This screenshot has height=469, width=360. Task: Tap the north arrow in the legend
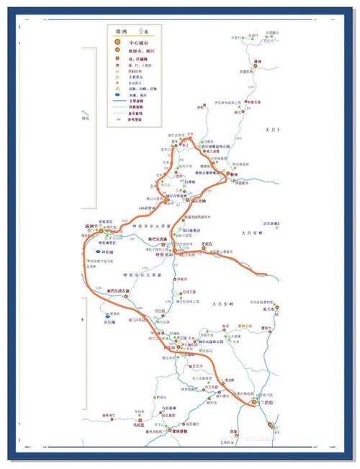point(140,31)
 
